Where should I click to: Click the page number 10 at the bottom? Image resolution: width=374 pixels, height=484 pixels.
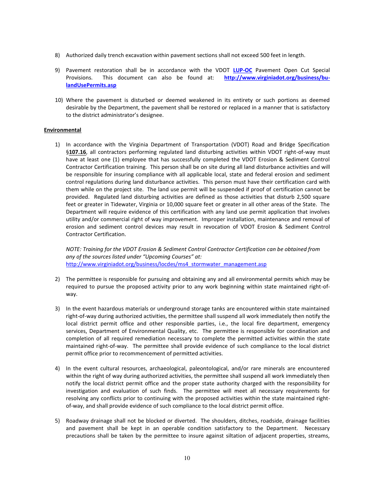coord(187,458)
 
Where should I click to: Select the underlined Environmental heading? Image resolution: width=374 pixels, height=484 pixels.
coord(63,130)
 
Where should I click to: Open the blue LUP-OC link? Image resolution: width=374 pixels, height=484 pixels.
coord(243,70)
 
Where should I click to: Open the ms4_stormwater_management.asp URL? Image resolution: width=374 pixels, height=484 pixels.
coord(166,264)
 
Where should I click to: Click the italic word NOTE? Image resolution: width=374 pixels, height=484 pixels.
coord(73,249)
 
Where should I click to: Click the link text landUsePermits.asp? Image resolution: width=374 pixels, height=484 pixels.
coord(91,85)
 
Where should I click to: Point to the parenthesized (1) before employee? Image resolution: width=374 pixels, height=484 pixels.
coord(108,160)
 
